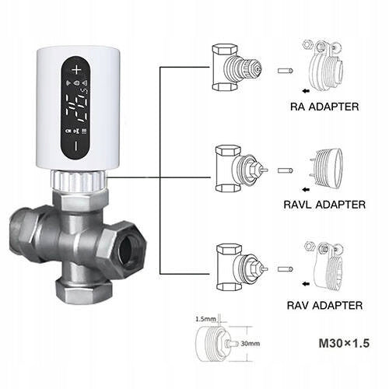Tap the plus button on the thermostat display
coord(76,70)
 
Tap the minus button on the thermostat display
coord(76,145)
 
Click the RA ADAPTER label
coord(324,107)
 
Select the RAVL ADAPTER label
coord(324,205)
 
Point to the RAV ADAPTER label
coord(324,305)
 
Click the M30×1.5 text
coord(344,343)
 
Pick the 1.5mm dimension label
coord(205,319)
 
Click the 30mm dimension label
coord(251,344)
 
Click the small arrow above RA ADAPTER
coord(307,91)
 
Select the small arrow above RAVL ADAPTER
coord(307,190)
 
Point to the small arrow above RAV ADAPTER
coord(307,284)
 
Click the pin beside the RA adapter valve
coord(286,71)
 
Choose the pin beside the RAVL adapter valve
coord(286,170)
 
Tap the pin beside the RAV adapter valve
coord(286,269)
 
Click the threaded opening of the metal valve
coord(128,249)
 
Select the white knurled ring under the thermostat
coord(79,180)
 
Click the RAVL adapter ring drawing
coord(326,169)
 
